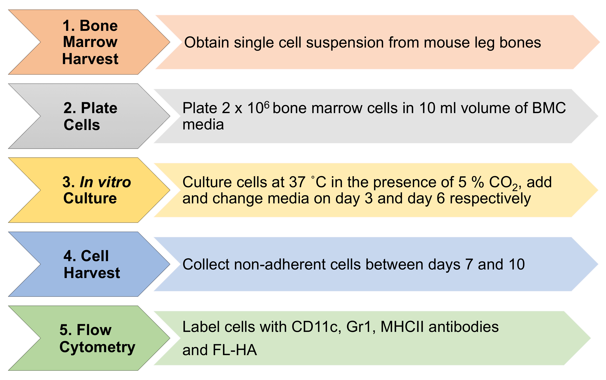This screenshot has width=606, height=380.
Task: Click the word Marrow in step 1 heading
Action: pos(90,42)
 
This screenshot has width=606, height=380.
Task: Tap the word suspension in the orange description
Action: pos(345,43)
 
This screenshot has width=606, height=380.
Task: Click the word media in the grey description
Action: pos(203,125)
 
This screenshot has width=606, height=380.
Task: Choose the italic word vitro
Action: pos(114,182)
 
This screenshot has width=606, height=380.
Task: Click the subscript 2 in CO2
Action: pos(515,187)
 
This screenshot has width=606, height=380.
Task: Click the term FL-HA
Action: pos(235,350)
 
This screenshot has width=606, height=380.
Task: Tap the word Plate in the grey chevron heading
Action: pos(99,108)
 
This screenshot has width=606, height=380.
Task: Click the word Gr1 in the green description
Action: pos(359,327)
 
